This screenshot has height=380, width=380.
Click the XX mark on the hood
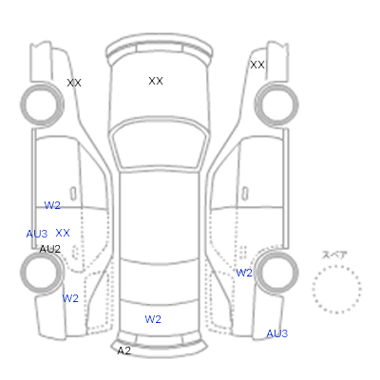(x=156, y=81)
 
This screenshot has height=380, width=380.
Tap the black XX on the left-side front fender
(x=74, y=83)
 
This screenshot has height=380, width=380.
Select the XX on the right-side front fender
(x=257, y=65)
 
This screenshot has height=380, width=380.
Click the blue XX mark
(x=63, y=233)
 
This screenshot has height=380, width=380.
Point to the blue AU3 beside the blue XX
(x=37, y=234)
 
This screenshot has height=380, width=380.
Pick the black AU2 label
(x=49, y=249)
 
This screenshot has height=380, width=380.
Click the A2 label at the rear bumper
(x=123, y=351)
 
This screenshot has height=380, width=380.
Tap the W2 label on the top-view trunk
(x=153, y=319)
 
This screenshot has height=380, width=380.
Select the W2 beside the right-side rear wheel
(x=244, y=273)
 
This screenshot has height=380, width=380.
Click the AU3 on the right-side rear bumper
(x=277, y=333)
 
